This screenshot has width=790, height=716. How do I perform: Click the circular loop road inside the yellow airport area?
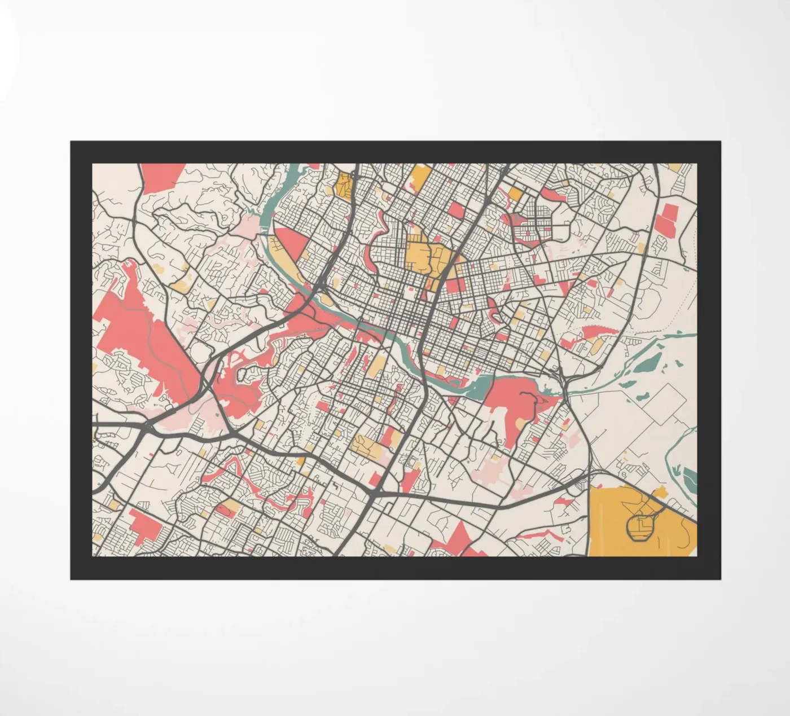coord(640,526)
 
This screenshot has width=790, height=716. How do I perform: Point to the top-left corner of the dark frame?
coord(71,142)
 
